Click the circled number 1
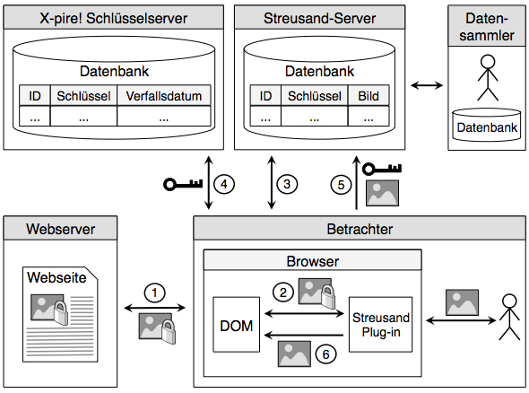tap(156, 293)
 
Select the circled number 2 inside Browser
tap(284, 292)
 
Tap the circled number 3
tap(286, 184)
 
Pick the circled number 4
tap(226, 184)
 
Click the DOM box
tap(237, 326)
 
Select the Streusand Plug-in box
tap(380, 325)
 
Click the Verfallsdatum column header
tap(164, 96)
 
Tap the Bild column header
tap(369, 96)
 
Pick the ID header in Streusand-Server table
tap(266, 96)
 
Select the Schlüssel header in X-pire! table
tap(83, 96)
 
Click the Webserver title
tap(60, 228)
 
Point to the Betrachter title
tap(360, 229)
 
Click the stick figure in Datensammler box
tap(487, 77)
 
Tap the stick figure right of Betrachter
tap(509, 317)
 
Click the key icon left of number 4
tap(184, 185)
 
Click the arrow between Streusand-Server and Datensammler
tap(426, 86)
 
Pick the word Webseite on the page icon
tap(56, 278)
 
